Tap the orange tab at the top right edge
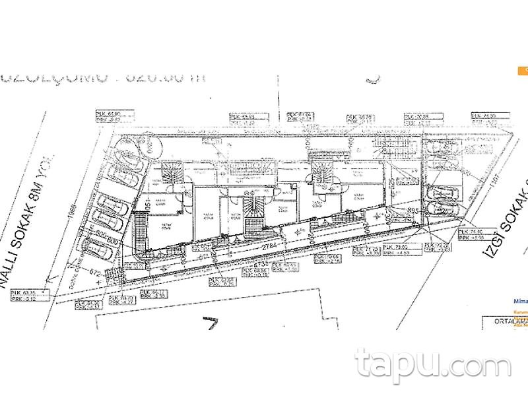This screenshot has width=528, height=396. (x=523, y=69)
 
